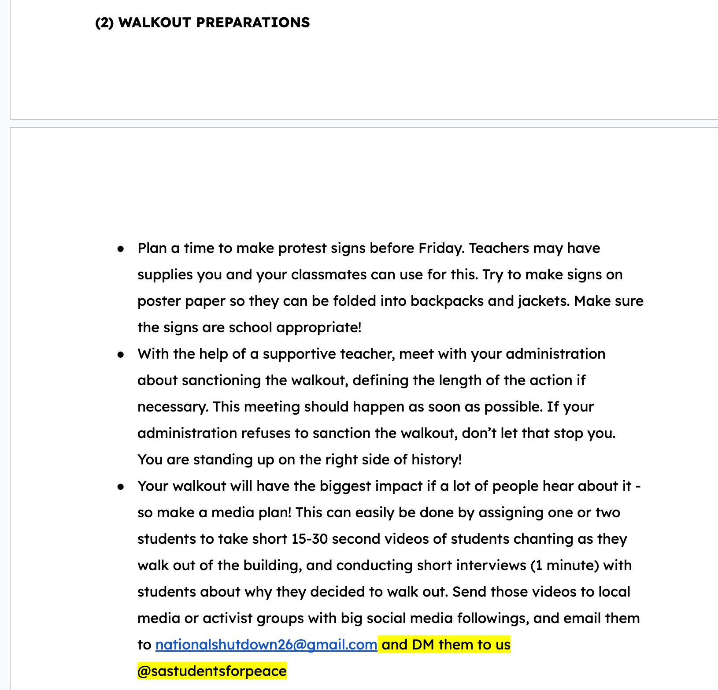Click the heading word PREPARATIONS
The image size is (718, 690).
click(253, 22)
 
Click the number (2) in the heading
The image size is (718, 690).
click(104, 22)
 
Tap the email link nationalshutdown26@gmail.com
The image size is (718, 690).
click(266, 645)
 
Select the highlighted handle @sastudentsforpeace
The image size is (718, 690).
click(212, 671)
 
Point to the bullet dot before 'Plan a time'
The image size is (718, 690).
click(121, 249)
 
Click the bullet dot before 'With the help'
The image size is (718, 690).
click(121, 355)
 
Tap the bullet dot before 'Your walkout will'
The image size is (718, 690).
click(121, 487)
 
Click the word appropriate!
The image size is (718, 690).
click(319, 328)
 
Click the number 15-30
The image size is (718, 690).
click(310, 539)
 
